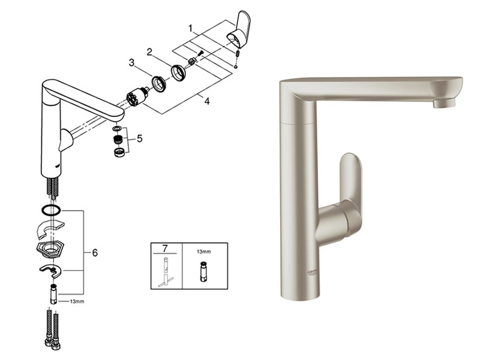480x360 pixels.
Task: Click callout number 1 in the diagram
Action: click(x=190, y=28)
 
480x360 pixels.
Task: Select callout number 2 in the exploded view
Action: click(x=149, y=52)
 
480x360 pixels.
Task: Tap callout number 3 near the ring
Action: click(x=130, y=62)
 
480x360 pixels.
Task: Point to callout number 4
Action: click(x=206, y=101)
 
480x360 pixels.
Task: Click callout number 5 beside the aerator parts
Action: click(x=139, y=139)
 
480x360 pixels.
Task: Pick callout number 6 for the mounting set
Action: click(x=94, y=253)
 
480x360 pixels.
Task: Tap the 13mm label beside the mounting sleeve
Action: click(x=77, y=301)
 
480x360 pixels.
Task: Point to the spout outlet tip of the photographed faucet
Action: click(x=444, y=103)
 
